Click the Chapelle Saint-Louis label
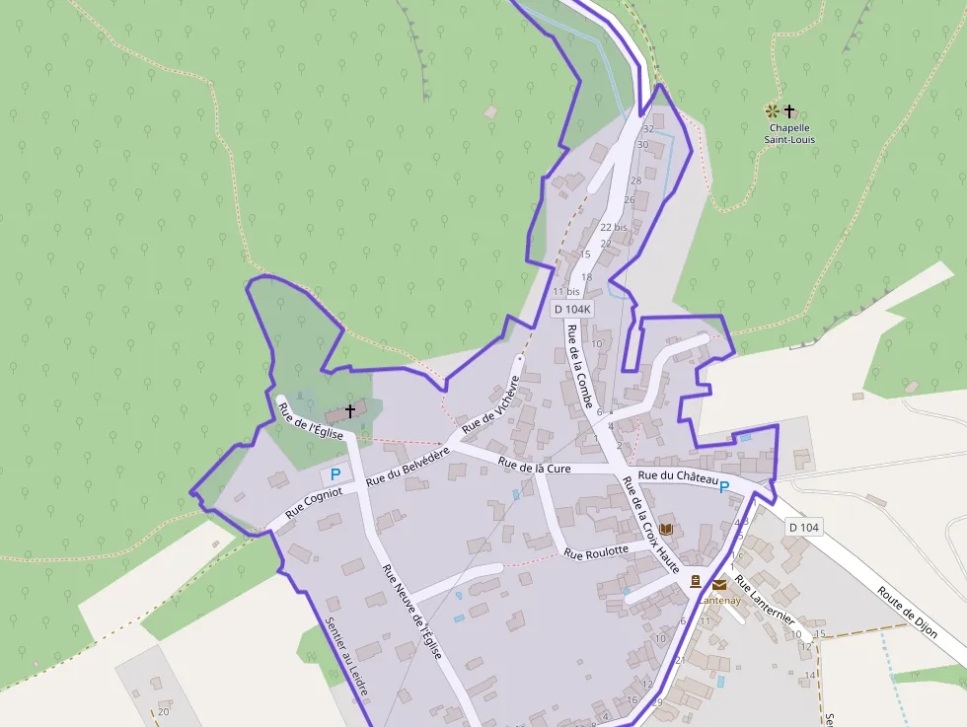point(787,133)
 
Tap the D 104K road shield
point(572,309)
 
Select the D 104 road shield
point(803,528)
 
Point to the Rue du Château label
point(677,477)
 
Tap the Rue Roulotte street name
point(596,552)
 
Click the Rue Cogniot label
point(314,501)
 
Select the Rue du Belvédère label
point(408,466)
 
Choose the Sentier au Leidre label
point(346,657)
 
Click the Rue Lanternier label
point(779,595)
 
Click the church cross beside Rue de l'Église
point(349,410)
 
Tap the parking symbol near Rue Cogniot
point(335,474)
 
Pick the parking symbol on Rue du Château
point(724,486)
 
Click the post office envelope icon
point(718,585)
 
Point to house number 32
point(648,129)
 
